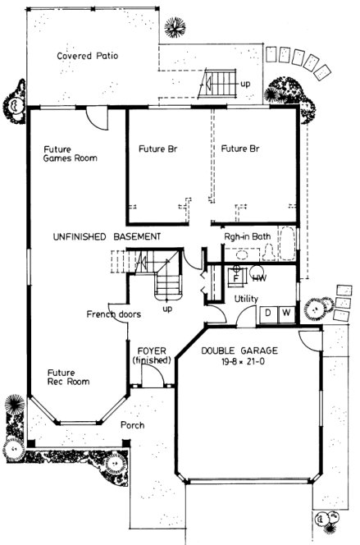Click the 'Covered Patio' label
88,57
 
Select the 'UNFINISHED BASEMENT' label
106,236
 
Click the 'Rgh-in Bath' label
247,237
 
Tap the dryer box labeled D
268,314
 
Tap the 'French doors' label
113,314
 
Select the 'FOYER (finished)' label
152,355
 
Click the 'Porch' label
133,425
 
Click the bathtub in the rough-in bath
288,243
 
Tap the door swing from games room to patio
98,120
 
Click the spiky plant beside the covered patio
175,28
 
